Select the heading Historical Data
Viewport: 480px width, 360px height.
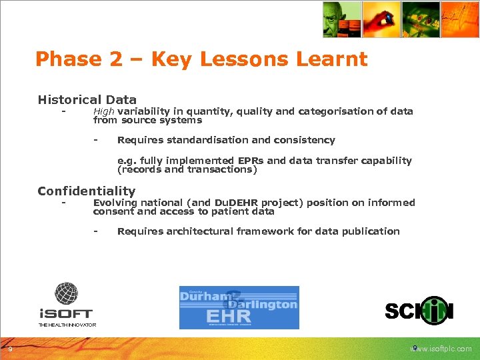click(87, 100)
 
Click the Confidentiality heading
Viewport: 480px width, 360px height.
click(87, 191)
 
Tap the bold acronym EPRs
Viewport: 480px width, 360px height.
click(253, 161)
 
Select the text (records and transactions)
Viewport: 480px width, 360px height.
click(187, 169)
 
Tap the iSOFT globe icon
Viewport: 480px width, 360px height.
click(66, 293)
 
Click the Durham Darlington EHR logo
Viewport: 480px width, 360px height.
click(239, 307)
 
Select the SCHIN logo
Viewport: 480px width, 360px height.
click(419, 311)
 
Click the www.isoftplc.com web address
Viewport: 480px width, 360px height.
click(441, 349)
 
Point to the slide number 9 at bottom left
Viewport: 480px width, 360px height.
click(11, 349)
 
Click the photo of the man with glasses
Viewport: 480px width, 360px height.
click(341, 19)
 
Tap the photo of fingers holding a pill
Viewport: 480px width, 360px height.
click(382, 19)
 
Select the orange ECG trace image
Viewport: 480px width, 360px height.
click(460, 19)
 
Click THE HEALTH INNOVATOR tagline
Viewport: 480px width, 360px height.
click(67, 325)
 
